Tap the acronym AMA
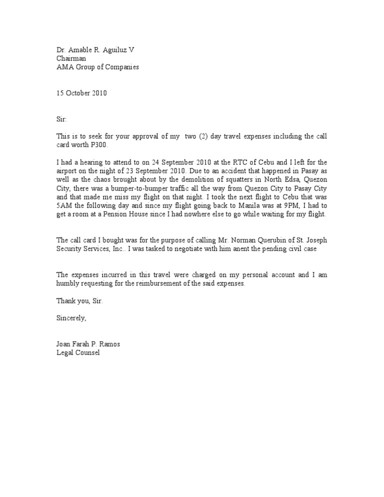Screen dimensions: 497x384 (64, 66)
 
